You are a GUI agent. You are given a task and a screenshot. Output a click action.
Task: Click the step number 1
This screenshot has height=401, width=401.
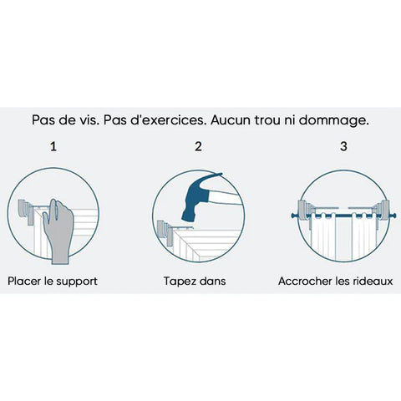(53, 146)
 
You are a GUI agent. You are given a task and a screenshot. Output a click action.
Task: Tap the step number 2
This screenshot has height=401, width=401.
(198, 146)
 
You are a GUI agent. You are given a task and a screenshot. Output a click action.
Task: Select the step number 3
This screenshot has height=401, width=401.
(343, 146)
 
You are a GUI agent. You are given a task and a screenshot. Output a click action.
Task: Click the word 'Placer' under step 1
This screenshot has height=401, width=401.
(24, 281)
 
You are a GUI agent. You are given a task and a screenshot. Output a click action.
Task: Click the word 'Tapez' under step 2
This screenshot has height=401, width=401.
(178, 282)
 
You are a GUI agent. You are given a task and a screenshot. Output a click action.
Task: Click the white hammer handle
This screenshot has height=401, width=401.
(225, 199)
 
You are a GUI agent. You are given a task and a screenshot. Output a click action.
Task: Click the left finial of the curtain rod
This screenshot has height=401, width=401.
(294, 216)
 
